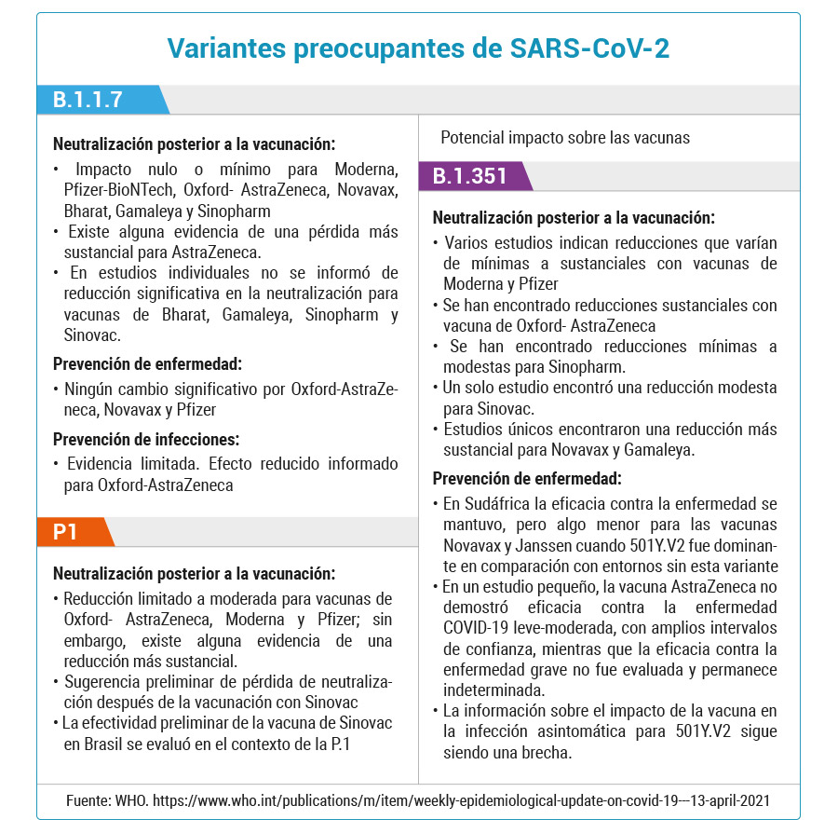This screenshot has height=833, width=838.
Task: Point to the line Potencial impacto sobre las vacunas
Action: [x=565, y=138]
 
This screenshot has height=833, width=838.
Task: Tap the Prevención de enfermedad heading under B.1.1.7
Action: [x=147, y=364]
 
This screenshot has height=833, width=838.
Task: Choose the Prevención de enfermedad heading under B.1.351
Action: [x=527, y=479]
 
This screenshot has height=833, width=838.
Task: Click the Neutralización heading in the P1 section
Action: [x=194, y=574]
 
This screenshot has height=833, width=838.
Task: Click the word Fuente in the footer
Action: [x=88, y=800]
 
